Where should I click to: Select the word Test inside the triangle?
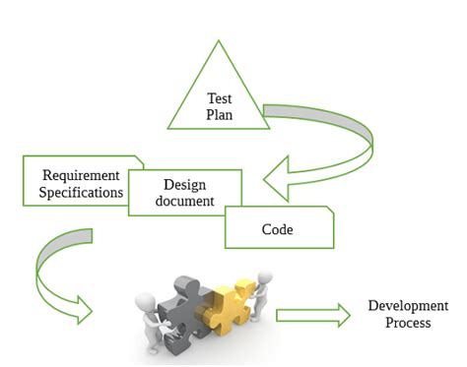219,98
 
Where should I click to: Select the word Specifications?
81,192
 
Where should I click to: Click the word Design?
185,185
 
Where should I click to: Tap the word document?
185,201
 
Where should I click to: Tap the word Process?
407,323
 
